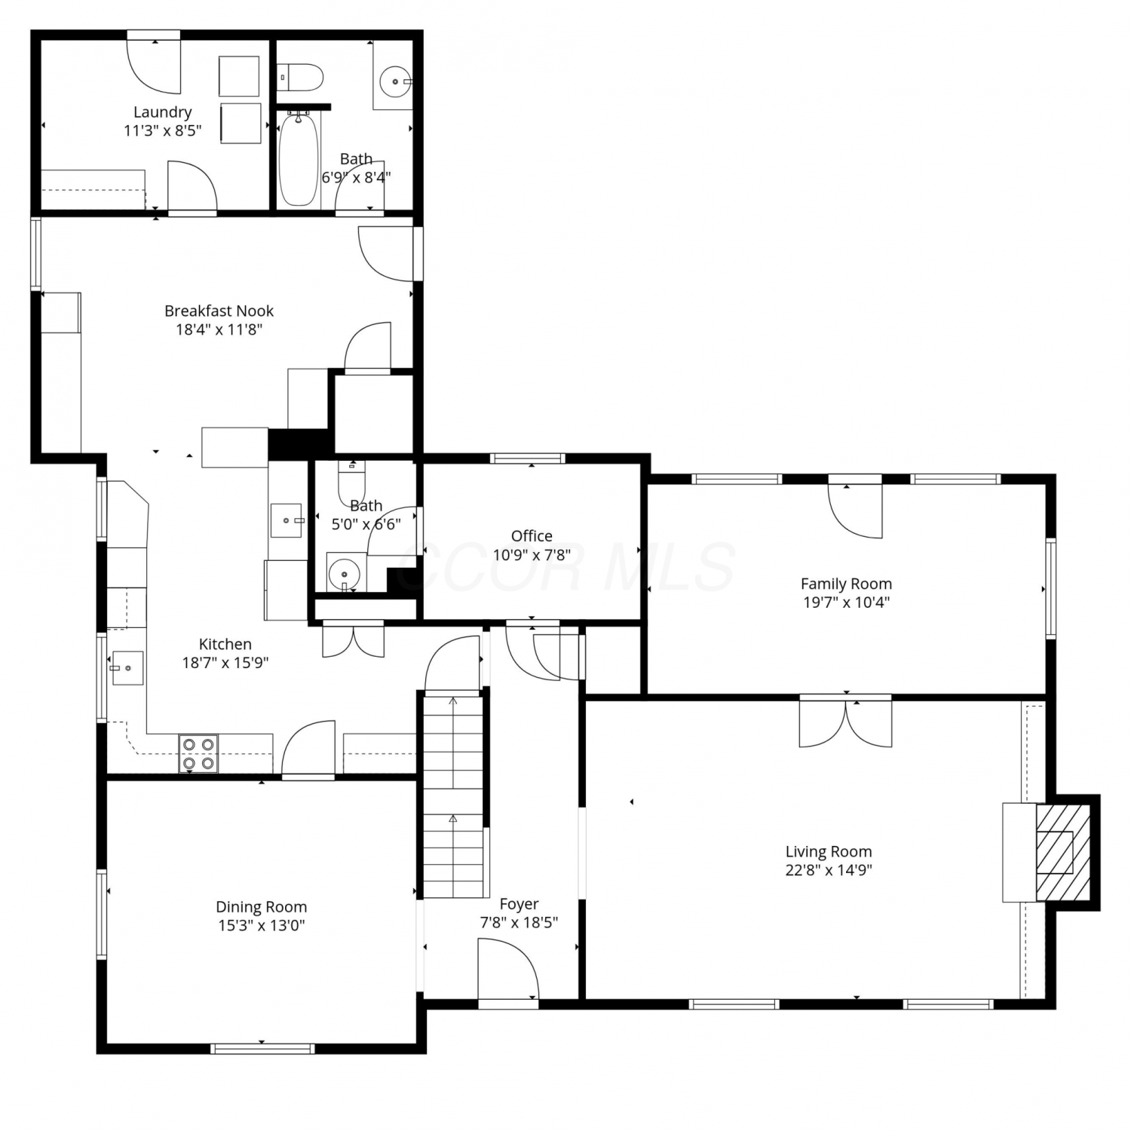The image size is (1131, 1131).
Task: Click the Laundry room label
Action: [162, 112]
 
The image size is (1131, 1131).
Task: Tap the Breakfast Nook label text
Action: [219, 311]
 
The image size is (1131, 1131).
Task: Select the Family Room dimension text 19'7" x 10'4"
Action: [846, 602]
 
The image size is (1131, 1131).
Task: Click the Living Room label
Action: [829, 851]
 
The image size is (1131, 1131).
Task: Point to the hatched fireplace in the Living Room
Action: [1063, 852]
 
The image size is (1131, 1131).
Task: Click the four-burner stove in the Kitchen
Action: [198, 754]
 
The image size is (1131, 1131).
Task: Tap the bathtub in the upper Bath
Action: [299, 158]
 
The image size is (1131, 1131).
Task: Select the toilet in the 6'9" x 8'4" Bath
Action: [300, 78]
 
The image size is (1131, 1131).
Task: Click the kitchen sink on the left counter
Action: [127, 668]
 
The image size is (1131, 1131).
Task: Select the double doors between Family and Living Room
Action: [846, 723]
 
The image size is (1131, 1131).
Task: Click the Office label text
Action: [532, 536]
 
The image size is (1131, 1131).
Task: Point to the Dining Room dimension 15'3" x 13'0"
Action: [261, 925]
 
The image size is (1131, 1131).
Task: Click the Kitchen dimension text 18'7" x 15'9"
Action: [225, 663]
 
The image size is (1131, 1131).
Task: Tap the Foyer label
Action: [519, 903]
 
